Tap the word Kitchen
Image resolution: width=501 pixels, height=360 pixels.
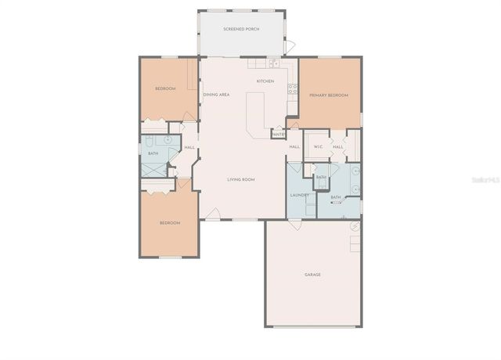pos(265,81)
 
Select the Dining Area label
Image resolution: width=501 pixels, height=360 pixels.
pos(216,95)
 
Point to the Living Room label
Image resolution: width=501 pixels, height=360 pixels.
pos(241,179)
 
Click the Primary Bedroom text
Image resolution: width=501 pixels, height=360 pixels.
pos(328,95)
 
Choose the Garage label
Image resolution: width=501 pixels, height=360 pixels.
pos(312,274)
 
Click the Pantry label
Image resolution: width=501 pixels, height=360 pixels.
pos(278,135)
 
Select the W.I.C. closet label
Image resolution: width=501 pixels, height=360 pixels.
pos(319,147)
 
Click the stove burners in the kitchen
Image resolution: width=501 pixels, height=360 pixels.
pos(293,88)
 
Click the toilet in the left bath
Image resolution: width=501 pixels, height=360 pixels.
pos(148,145)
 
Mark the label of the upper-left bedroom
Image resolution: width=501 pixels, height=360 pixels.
pos(166,88)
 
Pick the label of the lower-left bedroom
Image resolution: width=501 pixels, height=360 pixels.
pos(170,223)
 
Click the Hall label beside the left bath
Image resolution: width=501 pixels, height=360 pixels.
pos(189,147)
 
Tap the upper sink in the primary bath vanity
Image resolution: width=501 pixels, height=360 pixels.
pos(355,170)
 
